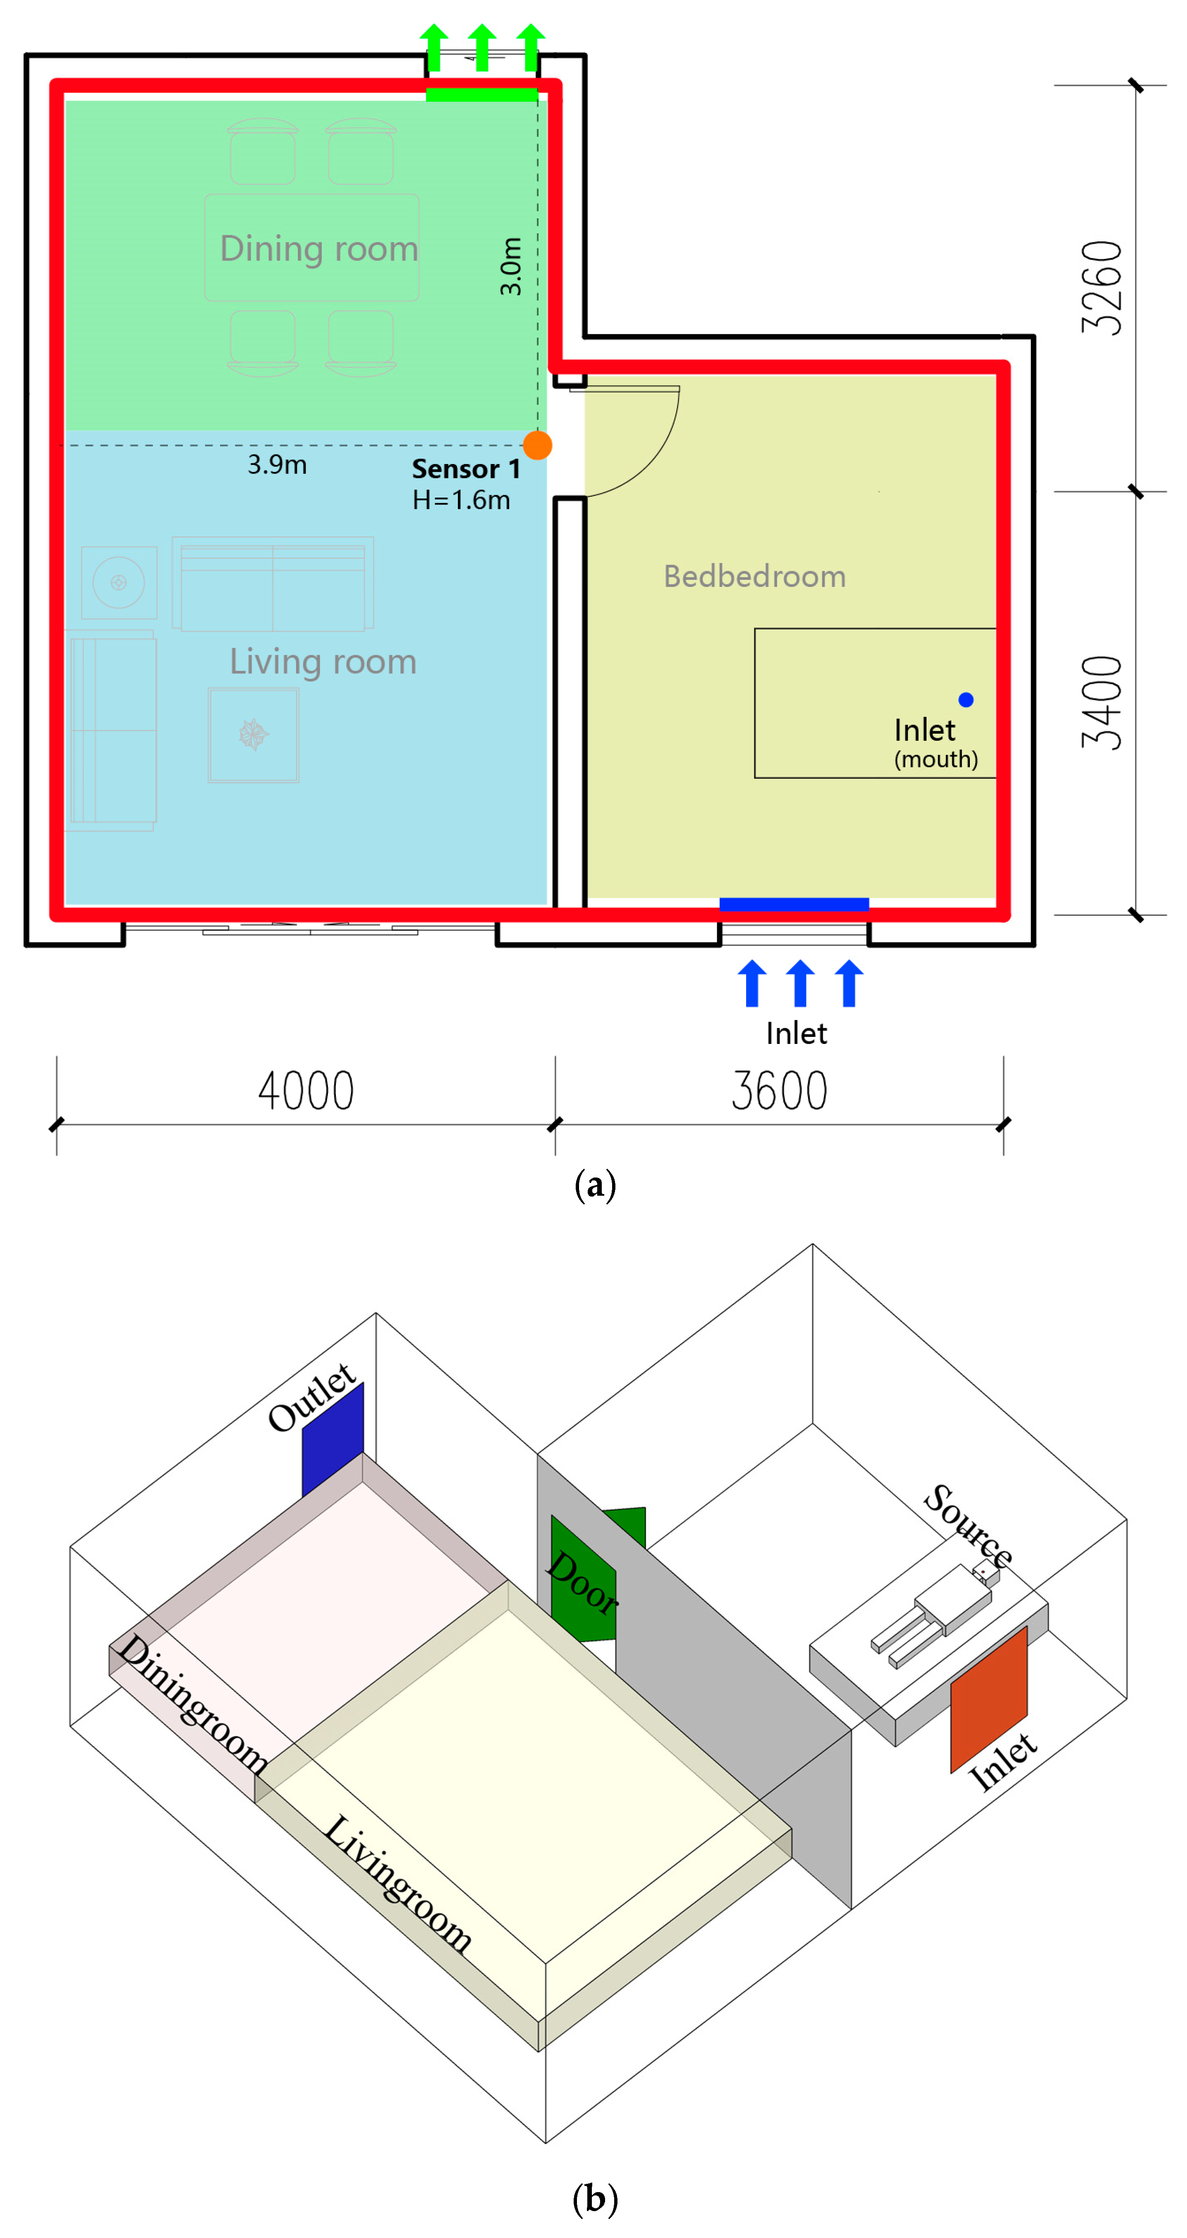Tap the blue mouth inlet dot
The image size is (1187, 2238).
[x=965, y=699]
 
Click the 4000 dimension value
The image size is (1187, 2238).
[x=306, y=1091]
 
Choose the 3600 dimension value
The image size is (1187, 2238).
[x=780, y=1091]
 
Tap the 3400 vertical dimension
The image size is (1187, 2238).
[x=1102, y=703]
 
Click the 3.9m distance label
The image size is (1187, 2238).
[x=277, y=465]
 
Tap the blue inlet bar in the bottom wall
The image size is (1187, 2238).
[x=793, y=905]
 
